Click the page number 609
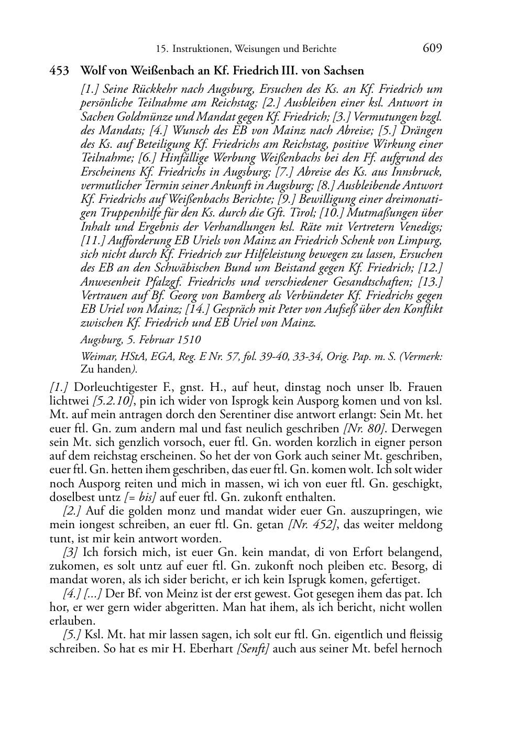tap(432, 48)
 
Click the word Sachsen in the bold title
tap(343, 70)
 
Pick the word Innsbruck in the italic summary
tap(419, 171)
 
